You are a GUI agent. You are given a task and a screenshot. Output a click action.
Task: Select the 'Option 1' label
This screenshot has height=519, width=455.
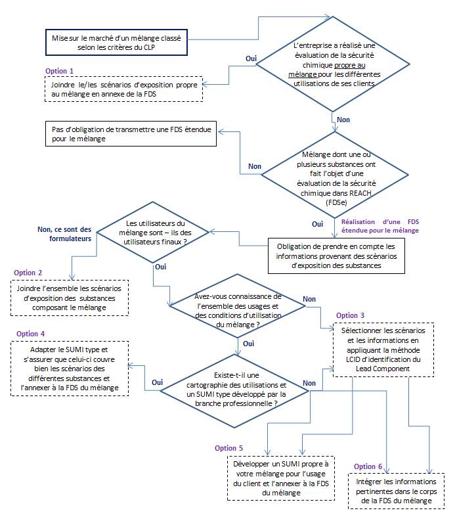[59, 70]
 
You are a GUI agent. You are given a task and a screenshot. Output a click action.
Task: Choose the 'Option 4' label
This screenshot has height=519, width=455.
[30, 334]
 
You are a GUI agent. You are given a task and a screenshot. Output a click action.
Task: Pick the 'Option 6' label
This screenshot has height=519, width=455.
[368, 466]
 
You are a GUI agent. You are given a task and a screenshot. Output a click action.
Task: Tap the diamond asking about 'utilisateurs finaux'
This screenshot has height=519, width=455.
[155, 232]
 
